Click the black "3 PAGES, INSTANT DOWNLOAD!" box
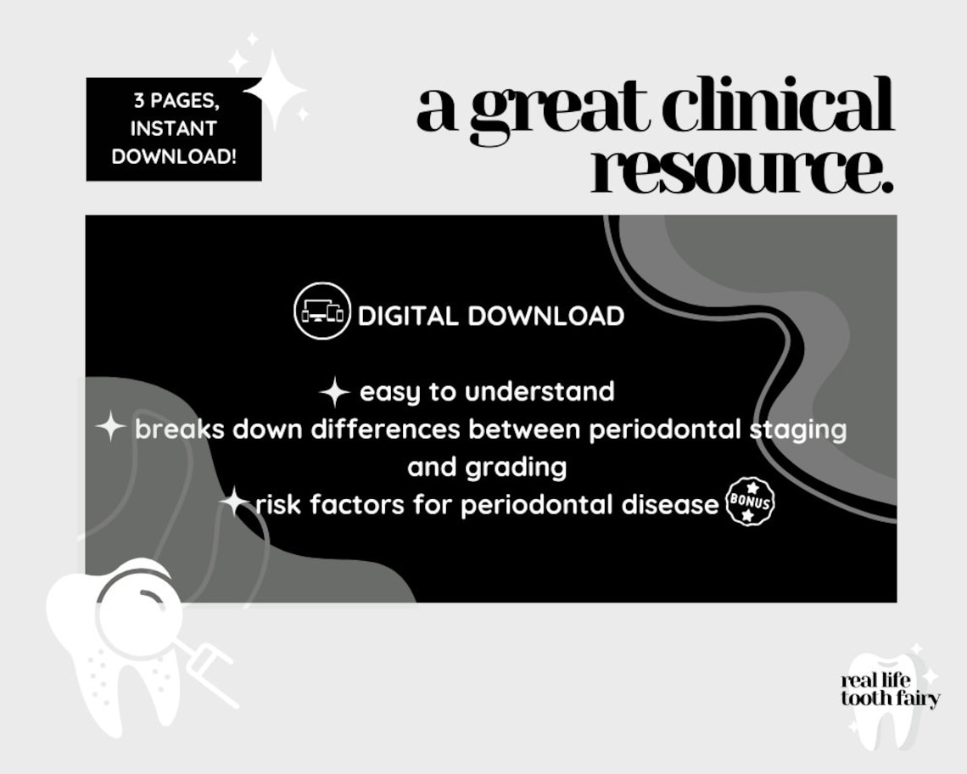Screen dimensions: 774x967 tap(174, 129)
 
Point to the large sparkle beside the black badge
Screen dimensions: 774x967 tap(273, 89)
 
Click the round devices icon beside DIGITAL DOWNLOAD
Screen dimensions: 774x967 tap(322, 311)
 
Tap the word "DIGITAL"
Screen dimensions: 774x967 tap(408, 317)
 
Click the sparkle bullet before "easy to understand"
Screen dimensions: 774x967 tap(335, 392)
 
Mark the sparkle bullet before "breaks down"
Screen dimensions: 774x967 tap(111, 426)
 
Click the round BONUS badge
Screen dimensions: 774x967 tap(751, 502)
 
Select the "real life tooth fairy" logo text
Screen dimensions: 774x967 tap(890, 690)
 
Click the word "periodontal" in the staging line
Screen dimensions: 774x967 tap(653, 429)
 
